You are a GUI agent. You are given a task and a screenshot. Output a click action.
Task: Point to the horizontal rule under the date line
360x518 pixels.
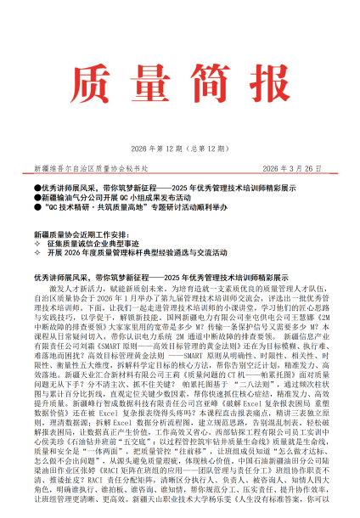tap(180, 176)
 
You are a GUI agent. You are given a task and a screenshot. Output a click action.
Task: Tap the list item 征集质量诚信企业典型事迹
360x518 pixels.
tap(100, 243)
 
